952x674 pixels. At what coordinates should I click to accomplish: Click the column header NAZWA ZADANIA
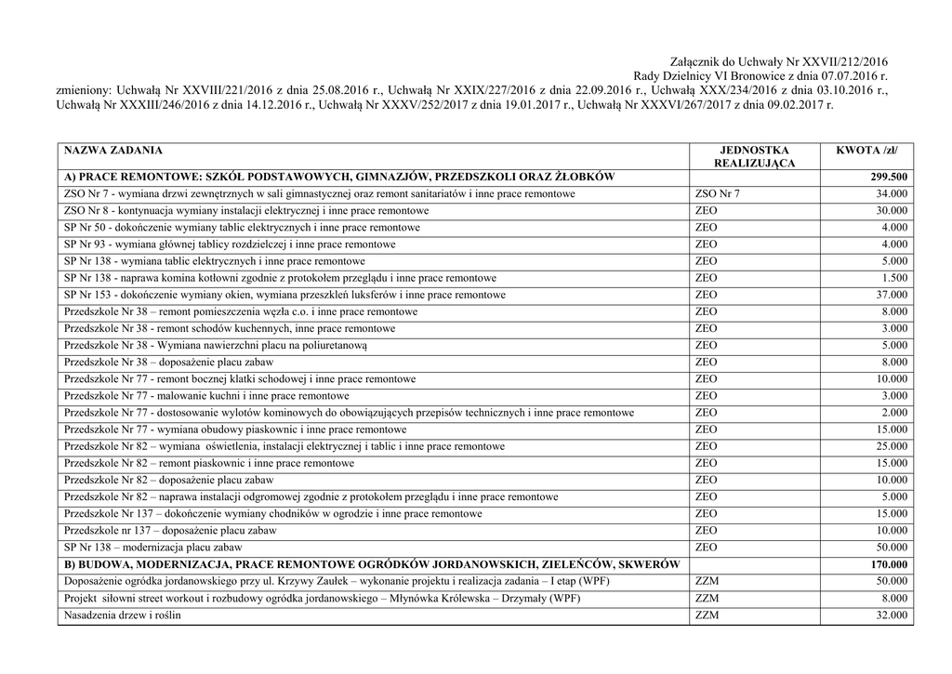[x=112, y=150]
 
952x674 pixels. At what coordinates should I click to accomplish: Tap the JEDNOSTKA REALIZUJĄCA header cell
[x=754, y=156]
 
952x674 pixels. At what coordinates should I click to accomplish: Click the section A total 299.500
[x=889, y=177]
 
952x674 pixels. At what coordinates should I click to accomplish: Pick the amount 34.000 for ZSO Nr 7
[x=892, y=193]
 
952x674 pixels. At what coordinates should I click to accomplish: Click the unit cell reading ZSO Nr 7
[x=718, y=193]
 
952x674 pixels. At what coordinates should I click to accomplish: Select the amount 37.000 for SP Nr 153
[x=892, y=295]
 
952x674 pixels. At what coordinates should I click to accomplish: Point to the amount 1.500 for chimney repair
[x=895, y=278]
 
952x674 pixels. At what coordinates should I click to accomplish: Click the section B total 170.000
[x=889, y=564]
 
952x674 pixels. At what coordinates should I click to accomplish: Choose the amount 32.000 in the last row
[x=892, y=615]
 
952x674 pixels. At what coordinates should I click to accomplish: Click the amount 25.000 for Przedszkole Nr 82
[x=892, y=446]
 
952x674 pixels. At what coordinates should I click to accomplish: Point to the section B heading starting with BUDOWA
[x=372, y=564]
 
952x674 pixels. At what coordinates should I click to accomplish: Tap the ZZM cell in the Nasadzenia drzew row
[x=707, y=615]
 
